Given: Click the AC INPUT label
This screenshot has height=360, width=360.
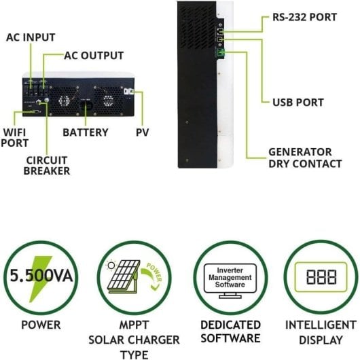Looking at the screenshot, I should click(x=31, y=37).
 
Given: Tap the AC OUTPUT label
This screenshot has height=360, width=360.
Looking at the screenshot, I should click(x=94, y=55).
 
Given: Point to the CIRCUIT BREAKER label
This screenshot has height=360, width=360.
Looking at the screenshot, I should click(x=47, y=166).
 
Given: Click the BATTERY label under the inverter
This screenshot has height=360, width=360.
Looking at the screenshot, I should click(x=86, y=132).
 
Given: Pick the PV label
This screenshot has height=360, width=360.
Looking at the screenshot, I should click(x=142, y=132).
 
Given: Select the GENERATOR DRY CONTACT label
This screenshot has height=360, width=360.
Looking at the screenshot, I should click(x=300, y=158).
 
